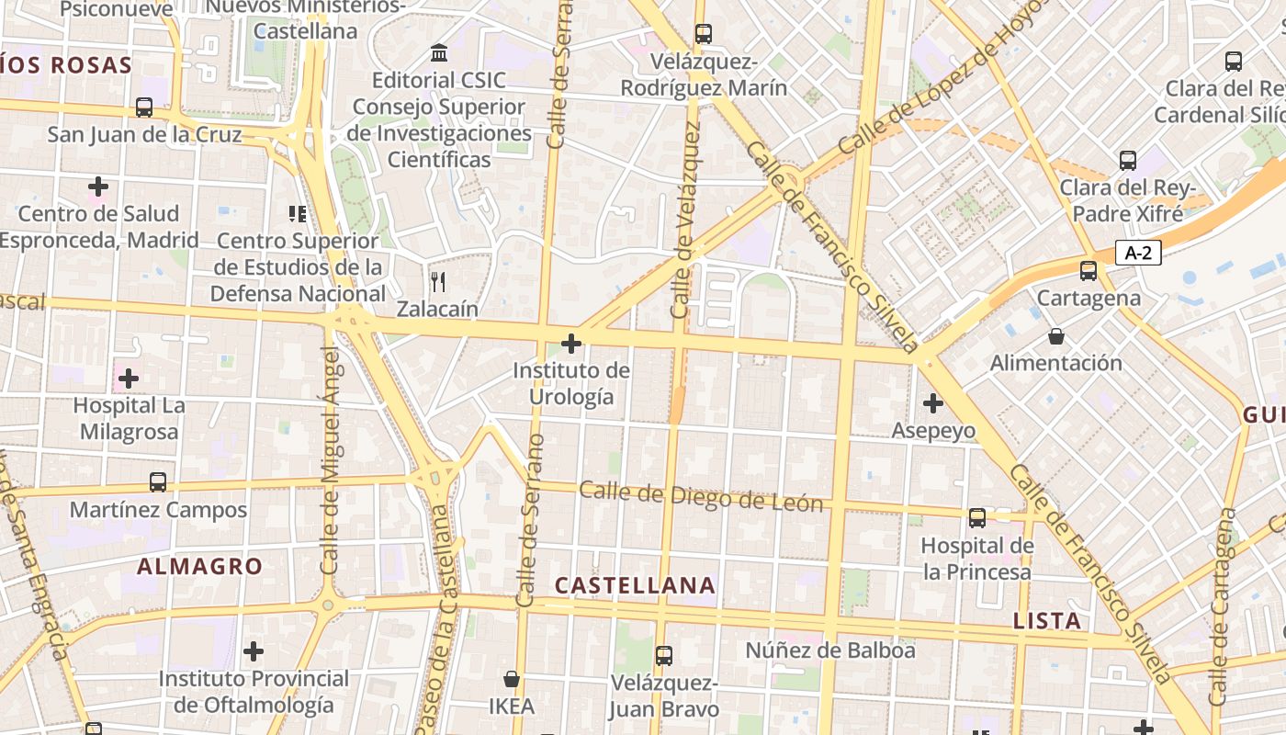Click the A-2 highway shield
coord(1138,253)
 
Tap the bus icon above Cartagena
coord(1089,271)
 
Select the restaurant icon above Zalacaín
coord(438,281)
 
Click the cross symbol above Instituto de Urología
coord(571,344)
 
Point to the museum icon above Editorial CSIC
coord(439,53)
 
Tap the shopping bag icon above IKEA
coord(512,679)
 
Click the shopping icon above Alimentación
coord(1056,336)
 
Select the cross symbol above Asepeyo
coord(933,402)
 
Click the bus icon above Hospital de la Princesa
coord(977,518)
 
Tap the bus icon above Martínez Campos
coord(158,481)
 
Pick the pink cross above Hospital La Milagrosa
coord(129,378)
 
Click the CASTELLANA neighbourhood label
coord(635,585)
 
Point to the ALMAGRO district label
coord(199,566)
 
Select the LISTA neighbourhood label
coord(1047,621)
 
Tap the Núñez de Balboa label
coord(830,650)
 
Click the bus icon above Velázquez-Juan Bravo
coord(664,656)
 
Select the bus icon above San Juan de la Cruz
coord(144,107)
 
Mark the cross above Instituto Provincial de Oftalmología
coord(254,651)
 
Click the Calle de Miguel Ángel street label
coord(330,459)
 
